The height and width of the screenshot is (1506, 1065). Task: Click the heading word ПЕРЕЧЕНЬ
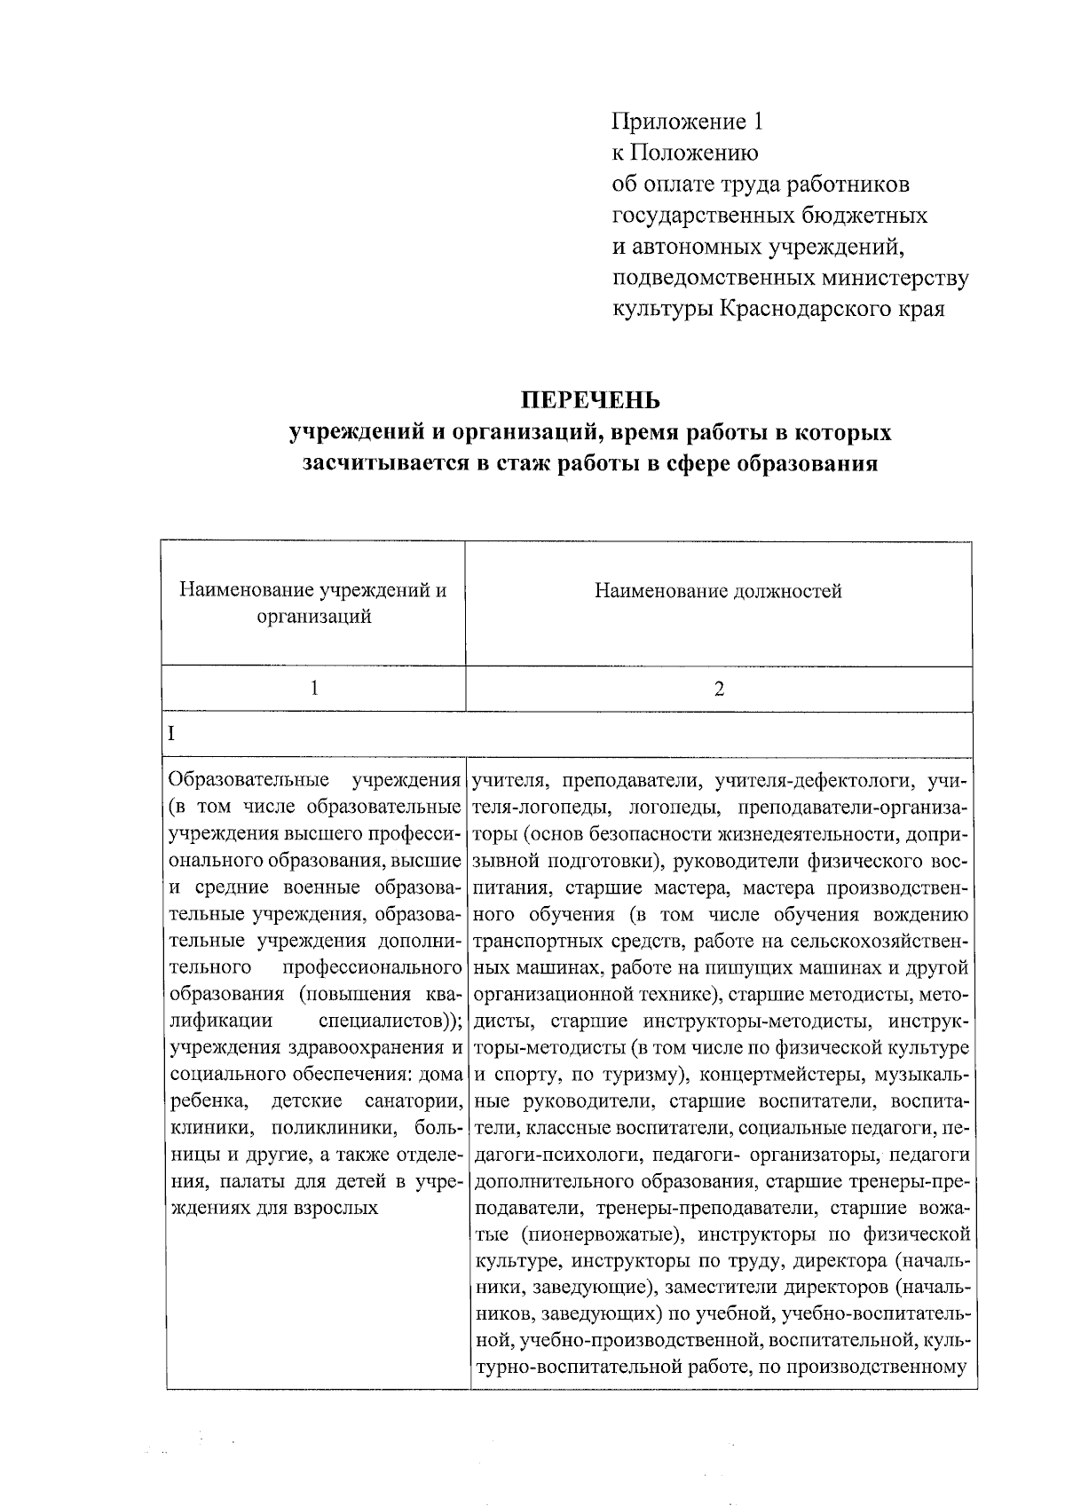click(x=590, y=400)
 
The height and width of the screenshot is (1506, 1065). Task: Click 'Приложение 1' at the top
click(x=687, y=121)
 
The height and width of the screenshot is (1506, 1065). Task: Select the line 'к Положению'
click(x=684, y=153)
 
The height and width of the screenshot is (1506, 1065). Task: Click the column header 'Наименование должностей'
click(x=718, y=591)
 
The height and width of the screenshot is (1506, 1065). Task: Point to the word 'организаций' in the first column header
click(x=313, y=617)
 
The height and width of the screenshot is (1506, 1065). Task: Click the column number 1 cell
click(x=314, y=689)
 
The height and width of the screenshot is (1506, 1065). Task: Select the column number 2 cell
click(x=719, y=689)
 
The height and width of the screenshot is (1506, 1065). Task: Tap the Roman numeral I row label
click(x=172, y=734)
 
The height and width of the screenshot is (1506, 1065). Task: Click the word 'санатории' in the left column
click(x=413, y=1102)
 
